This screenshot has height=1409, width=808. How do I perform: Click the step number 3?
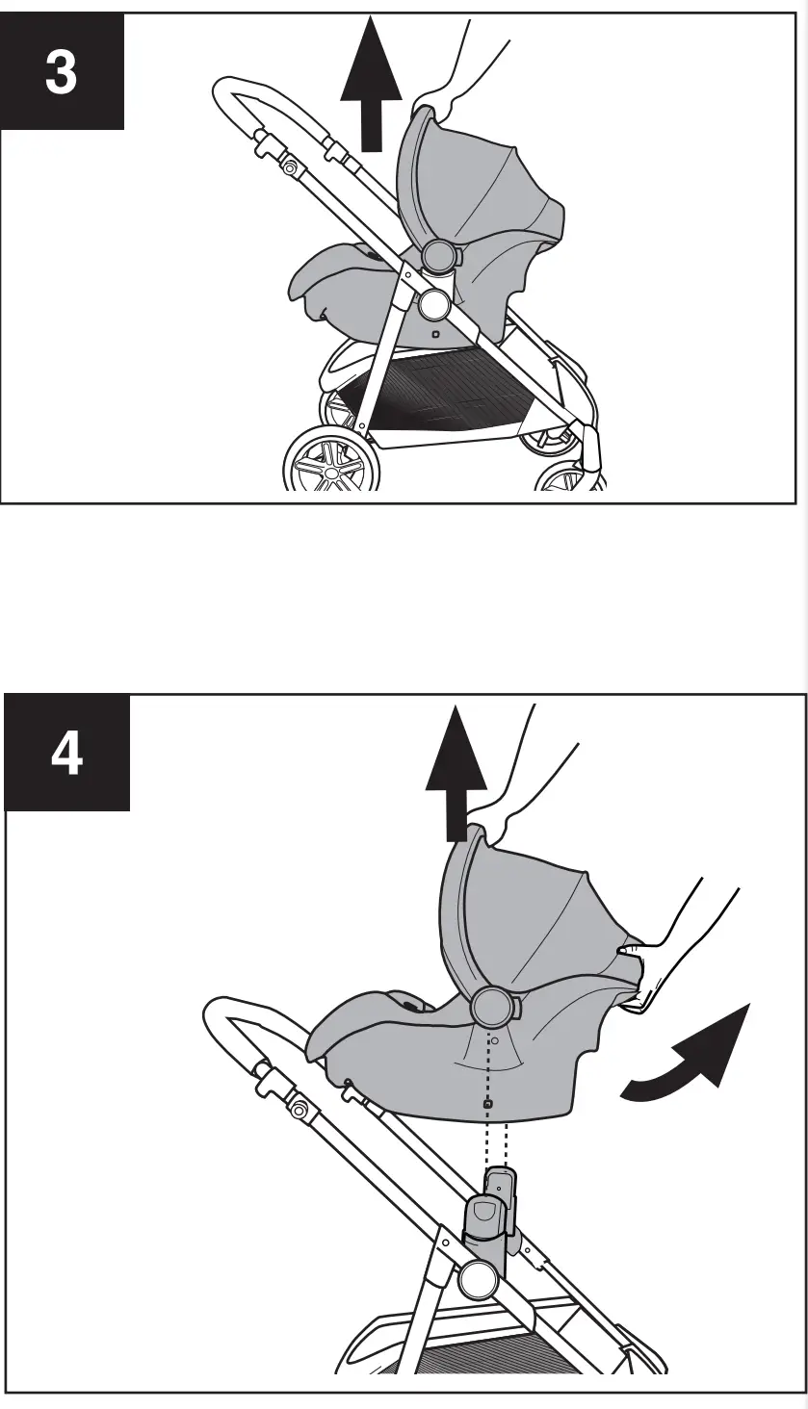tap(61, 73)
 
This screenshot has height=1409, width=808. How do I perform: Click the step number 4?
tap(65, 756)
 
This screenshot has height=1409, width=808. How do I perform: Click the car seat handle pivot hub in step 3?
tap(438, 255)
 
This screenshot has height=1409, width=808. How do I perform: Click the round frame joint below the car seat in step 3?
tap(432, 304)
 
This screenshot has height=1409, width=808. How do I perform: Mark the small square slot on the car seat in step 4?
tap(488, 1104)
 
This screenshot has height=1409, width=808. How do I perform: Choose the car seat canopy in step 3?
tap(482, 188)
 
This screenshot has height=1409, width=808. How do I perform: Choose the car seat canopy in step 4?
tap(530, 914)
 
